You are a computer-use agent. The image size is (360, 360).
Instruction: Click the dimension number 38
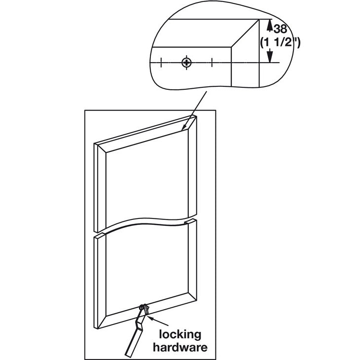click(280, 28)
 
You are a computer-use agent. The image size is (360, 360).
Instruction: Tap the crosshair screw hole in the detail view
click(186, 62)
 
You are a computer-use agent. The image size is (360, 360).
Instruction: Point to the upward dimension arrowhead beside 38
click(269, 24)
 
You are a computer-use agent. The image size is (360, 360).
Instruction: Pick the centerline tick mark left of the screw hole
click(161, 62)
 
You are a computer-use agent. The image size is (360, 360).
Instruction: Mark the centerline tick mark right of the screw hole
click(212, 62)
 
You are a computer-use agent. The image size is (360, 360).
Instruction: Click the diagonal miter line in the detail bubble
click(245, 34)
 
